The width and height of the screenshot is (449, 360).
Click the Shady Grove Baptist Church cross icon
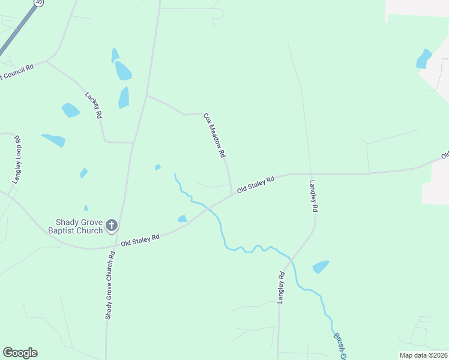111,226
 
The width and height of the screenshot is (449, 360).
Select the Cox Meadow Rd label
214,136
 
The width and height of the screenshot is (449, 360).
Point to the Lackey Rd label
94,105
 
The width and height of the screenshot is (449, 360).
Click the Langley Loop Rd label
17,159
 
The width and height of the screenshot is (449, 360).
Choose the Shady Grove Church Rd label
110,285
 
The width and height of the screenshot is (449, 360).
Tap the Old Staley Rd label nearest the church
140,239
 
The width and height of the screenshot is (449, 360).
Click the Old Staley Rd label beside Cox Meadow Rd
256,184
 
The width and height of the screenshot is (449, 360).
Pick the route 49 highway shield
39,2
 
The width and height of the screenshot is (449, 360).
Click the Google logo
20,353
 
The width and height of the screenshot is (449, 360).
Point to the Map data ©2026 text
423,355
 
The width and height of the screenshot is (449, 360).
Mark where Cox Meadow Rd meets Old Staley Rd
232,194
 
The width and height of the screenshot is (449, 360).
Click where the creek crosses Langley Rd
291,260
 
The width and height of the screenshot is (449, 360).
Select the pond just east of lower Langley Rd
321,266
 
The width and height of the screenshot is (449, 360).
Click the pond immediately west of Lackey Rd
70,110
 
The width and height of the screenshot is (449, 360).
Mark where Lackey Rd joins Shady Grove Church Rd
133,143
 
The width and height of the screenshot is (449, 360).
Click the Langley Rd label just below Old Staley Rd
313,197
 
